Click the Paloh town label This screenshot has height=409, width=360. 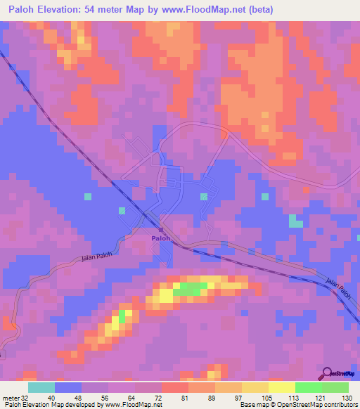pyautogui.click(x=160, y=239)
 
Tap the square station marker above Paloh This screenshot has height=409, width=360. pyautogui.click(x=161, y=230)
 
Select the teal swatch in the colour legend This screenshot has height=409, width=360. pyautogui.click(x=41, y=387)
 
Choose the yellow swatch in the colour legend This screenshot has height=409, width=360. pyautogui.click(x=281, y=387)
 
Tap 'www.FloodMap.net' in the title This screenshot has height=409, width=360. pyautogui.click(x=215, y=9)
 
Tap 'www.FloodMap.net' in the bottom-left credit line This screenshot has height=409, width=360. pyautogui.click(x=134, y=405)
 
